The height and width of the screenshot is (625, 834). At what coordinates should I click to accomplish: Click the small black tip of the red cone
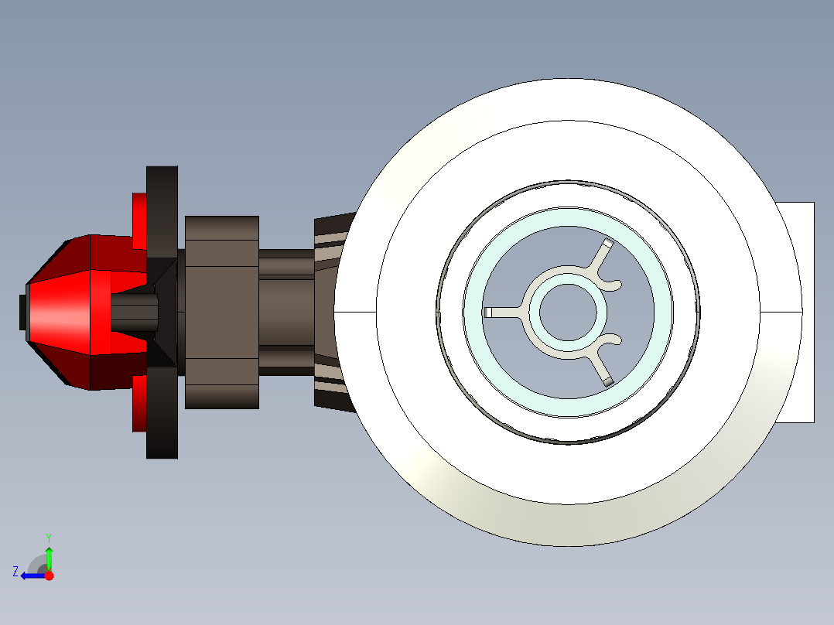(22, 312)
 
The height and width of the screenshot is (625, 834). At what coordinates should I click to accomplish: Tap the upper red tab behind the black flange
(139, 220)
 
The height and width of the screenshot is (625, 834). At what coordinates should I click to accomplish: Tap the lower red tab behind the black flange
(139, 403)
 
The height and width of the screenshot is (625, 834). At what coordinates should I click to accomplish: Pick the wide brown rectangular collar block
(221, 312)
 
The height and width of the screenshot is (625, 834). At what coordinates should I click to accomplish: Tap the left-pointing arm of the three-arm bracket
(504, 312)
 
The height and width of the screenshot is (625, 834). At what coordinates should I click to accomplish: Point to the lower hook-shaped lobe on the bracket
(614, 340)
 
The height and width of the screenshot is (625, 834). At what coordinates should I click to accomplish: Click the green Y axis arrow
(49, 555)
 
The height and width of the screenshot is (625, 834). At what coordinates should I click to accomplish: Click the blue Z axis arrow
(29, 575)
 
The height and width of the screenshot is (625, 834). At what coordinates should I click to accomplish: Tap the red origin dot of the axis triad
(50, 575)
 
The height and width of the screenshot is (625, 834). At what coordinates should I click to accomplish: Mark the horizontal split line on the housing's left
(356, 312)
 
